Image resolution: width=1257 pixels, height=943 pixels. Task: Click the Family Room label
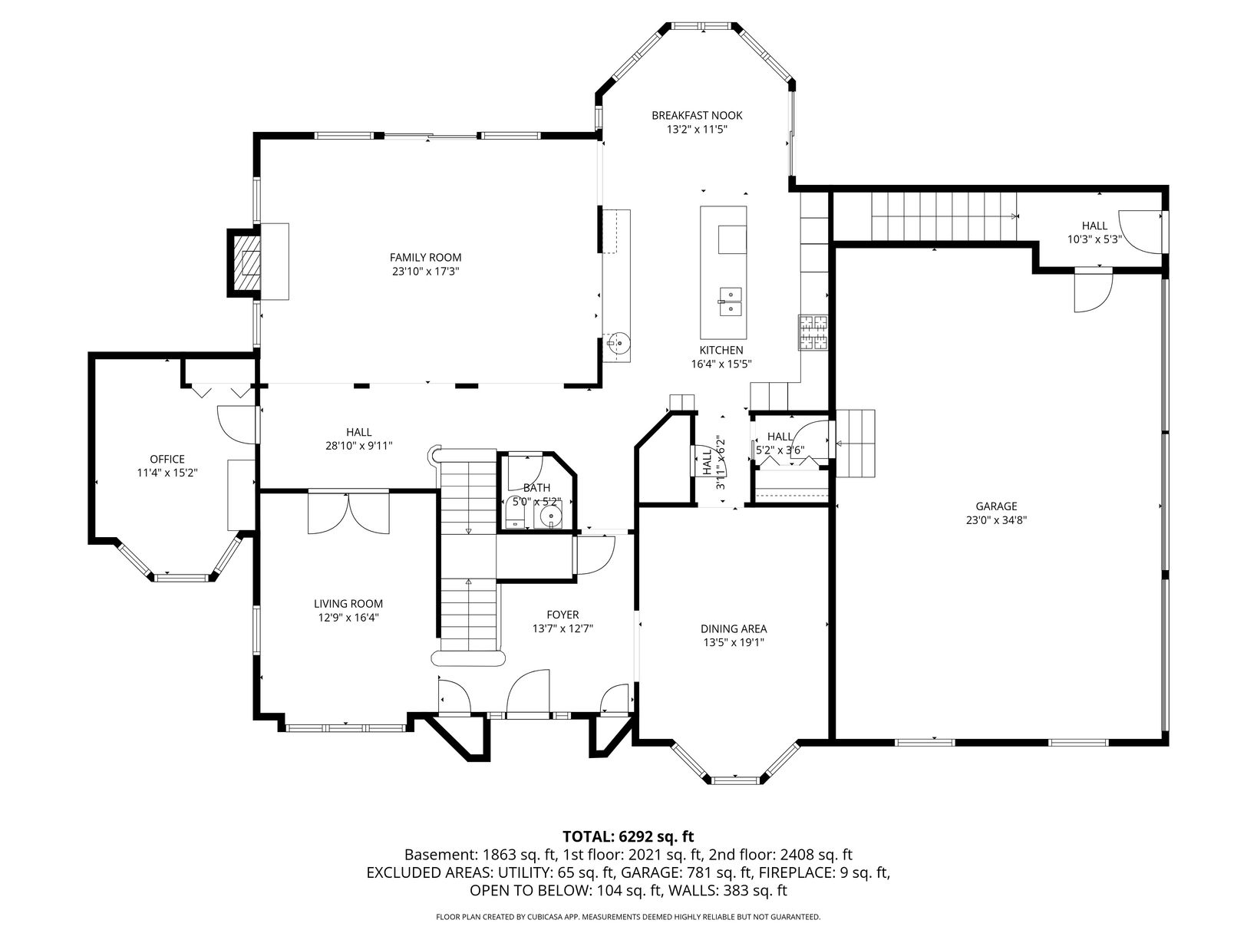point(425,258)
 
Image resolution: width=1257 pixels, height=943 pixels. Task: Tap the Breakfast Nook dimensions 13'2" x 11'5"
point(697,130)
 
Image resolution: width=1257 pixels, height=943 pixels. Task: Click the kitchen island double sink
point(730,302)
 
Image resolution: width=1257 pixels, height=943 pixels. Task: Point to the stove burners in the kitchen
point(813,332)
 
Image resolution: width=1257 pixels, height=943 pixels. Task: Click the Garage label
point(996,506)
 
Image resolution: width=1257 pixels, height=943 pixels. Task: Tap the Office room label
point(167,459)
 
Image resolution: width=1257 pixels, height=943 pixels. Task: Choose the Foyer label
point(563,615)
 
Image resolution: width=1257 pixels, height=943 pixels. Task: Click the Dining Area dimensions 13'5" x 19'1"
point(734,642)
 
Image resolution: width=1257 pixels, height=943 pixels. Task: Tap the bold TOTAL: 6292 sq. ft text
point(628,837)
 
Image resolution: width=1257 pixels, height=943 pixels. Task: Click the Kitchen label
point(721,351)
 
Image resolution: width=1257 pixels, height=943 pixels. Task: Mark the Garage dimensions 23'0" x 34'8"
point(996,520)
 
